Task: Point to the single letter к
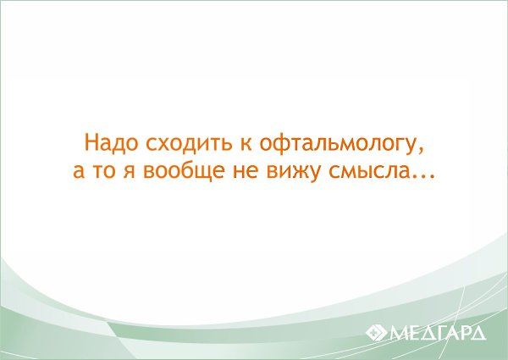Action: (x=246, y=145)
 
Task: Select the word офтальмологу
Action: (x=337, y=145)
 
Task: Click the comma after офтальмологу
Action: (x=420, y=150)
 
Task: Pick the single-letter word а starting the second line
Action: (x=79, y=171)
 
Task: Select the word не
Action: (x=245, y=171)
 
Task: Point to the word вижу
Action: (x=293, y=173)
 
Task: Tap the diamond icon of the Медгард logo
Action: (x=377, y=333)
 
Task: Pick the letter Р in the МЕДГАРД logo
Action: (x=467, y=333)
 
